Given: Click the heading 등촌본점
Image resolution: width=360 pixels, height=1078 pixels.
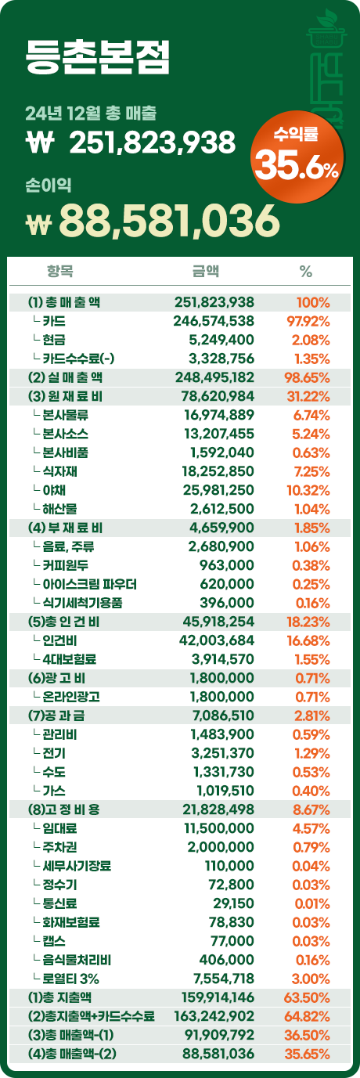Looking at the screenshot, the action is pyautogui.click(x=98, y=57).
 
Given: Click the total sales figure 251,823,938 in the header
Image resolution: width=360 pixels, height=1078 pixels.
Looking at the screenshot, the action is pyautogui.click(x=153, y=142).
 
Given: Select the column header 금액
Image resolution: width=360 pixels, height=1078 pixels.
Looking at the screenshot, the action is pyautogui.click(x=206, y=272).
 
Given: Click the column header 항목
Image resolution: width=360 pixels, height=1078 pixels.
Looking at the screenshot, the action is pyautogui.click(x=59, y=272).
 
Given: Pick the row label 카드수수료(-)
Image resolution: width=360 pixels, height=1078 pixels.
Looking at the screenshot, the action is pyautogui.click(x=78, y=359).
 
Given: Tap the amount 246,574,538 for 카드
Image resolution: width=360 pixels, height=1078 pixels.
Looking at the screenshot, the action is pyautogui.click(x=214, y=321).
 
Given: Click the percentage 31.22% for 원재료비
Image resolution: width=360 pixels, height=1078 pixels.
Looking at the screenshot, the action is pyautogui.click(x=308, y=397).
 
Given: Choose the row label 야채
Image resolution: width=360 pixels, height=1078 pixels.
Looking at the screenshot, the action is pyautogui.click(x=54, y=490).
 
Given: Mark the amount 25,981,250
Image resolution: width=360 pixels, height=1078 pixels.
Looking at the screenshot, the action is pyautogui.click(x=218, y=490).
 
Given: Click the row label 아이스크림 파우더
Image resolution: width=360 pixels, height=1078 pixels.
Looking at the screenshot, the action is pyautogui.click(x=89, y=584).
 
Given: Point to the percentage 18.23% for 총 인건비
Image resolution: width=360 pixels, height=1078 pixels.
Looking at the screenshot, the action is pyautogui.click(x=308, y=622).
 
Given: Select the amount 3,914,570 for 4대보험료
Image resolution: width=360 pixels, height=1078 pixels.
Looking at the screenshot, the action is pyautogui.click(x=222, y=659).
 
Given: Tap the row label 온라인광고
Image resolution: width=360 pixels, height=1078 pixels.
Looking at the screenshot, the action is pyautogui.click(x=71, y=697).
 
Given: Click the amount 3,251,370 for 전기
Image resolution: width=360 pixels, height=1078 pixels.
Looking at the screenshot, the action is pyautogui.click(x=222, y=753).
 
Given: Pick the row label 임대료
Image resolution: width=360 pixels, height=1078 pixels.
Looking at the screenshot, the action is pyautogui.click(x=59, y=828).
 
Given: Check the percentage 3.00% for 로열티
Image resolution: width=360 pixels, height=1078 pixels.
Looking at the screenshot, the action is pyautogui.click(x=311, y=979).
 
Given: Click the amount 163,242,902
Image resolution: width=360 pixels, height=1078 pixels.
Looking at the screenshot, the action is pyautogui.click(x=214, y=1016).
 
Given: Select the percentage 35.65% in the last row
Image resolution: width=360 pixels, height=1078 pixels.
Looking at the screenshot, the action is pyautogui.click(x=308, y=1054).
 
